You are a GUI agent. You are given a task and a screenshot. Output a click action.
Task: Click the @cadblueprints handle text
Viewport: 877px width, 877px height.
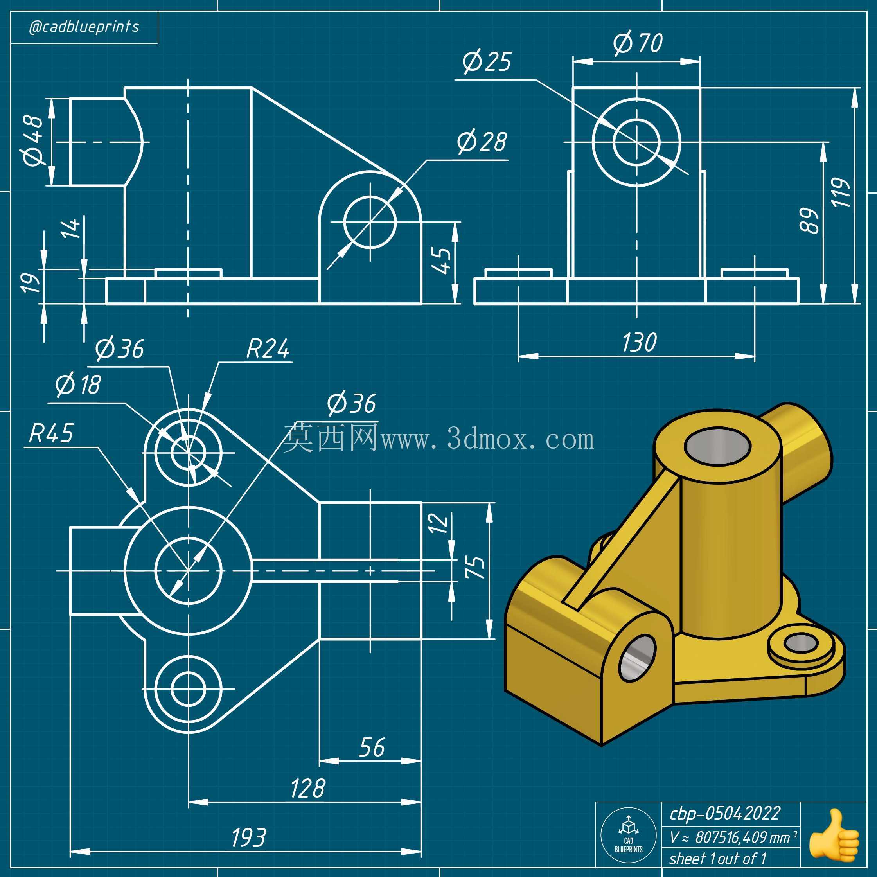pos(84,27)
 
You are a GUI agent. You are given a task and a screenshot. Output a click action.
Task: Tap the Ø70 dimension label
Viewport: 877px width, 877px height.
pos(637,43)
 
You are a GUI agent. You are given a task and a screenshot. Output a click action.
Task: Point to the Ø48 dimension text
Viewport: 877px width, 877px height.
pos(33,140)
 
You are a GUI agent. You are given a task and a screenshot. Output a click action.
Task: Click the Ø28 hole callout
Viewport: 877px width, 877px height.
pos(482,141)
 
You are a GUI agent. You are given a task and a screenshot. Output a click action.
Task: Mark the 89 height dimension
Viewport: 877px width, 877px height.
pos(809,221)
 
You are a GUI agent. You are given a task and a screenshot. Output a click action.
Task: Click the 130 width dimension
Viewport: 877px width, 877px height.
pos(639,343)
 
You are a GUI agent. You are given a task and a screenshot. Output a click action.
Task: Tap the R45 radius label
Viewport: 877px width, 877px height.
pos(51,433)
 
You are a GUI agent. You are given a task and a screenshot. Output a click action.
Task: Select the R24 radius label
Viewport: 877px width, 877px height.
pos(268,349)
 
